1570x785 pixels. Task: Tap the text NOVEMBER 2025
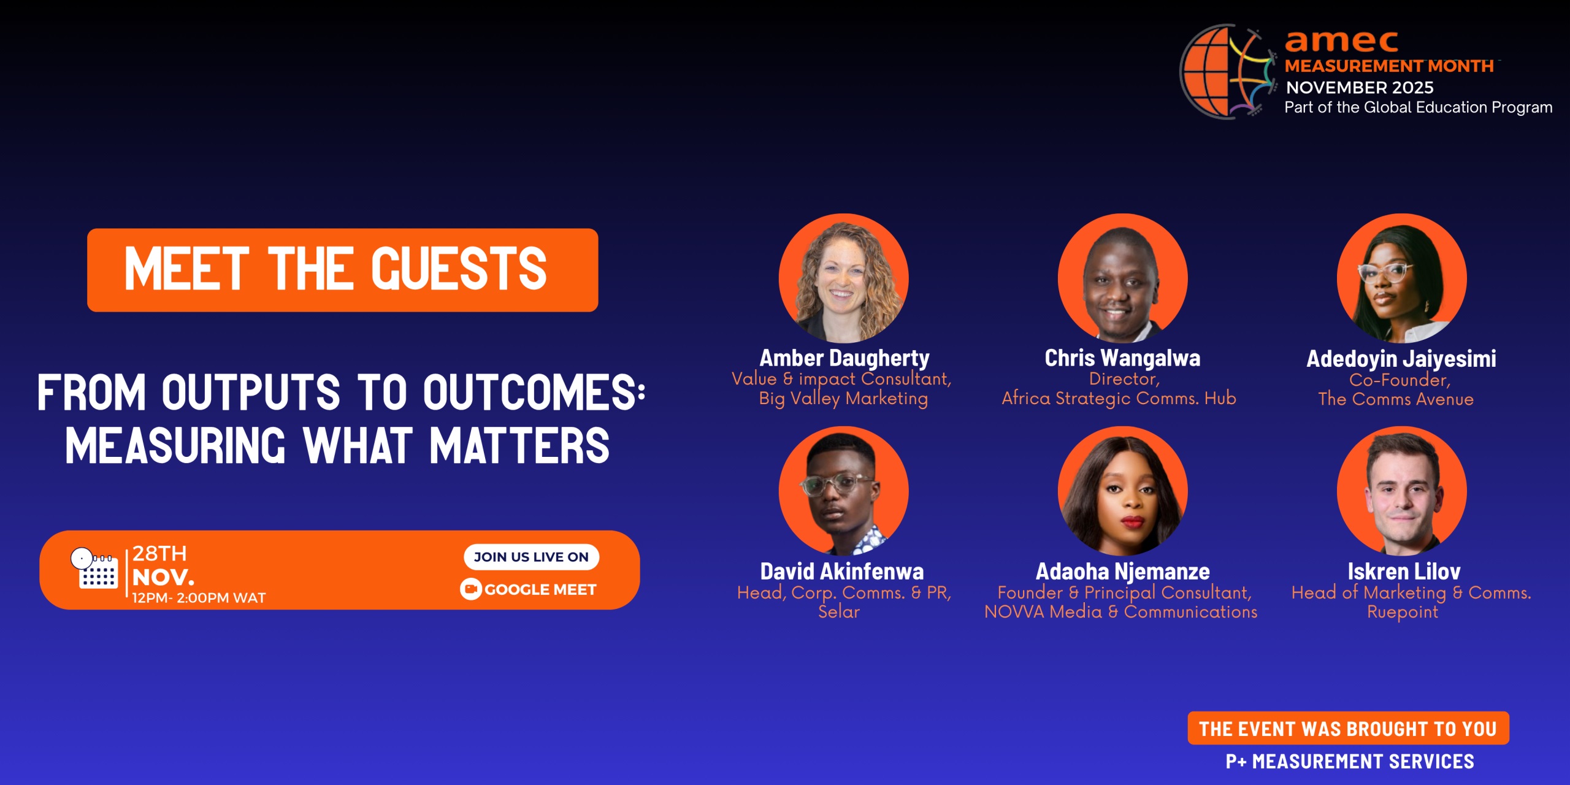pos(1360,88)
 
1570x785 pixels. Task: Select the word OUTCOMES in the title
pos(533,392)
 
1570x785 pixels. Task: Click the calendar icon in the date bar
pos(96,569)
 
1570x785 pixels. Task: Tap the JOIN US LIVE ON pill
pos(531,557)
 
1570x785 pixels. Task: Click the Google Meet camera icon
pos(470,589)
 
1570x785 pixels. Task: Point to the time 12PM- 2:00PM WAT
pos(199,598)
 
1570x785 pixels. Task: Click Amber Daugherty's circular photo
pos(843,278)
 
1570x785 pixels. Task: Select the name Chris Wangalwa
pos(1122,358)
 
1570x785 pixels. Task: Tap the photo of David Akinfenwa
pos(843,491)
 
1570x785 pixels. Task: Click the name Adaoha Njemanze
pos(1122,572)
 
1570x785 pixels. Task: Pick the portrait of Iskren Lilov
pos(1402,491)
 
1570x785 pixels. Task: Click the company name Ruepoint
pos(1402,612)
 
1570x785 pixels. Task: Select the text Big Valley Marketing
pos(843,399)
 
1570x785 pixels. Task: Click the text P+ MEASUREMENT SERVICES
pos(1349,761)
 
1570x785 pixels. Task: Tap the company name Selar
pos(839,612)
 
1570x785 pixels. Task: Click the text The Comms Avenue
pos(1396,399)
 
